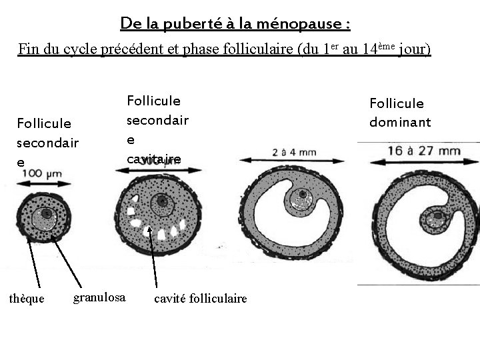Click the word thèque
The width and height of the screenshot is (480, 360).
(27, 299)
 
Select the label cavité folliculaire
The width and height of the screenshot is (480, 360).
(200, 299)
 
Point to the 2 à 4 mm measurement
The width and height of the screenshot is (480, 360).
(294, 151)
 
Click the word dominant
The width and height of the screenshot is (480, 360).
(400, 122)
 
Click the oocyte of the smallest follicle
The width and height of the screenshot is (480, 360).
(45, 214)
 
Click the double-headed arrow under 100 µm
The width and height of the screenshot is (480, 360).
(44, 183)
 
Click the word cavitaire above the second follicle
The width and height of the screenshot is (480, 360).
(153, 159)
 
